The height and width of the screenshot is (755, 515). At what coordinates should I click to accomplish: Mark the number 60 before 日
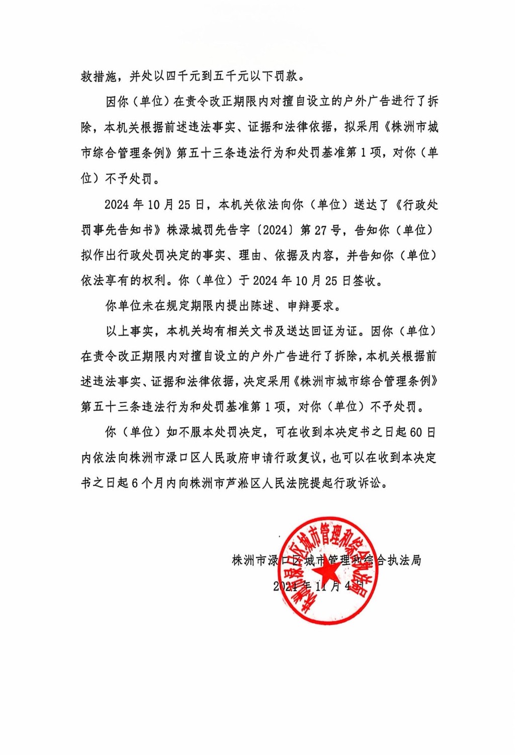coord(416,432)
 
